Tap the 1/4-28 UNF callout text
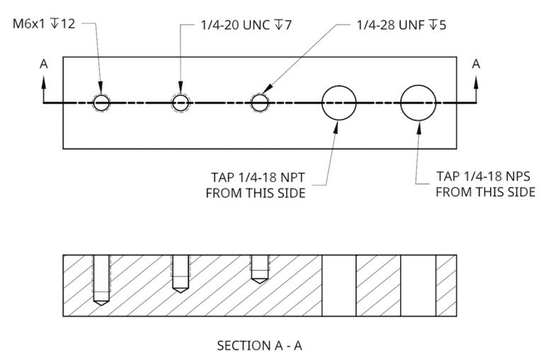click(401, 25)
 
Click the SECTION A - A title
click(259, 346)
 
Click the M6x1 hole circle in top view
click(101, 103)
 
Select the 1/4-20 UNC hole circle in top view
click(181, 103)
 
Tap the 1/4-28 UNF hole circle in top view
click(260, 103)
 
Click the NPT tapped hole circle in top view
click(339, 103)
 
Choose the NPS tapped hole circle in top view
click(418, 103)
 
